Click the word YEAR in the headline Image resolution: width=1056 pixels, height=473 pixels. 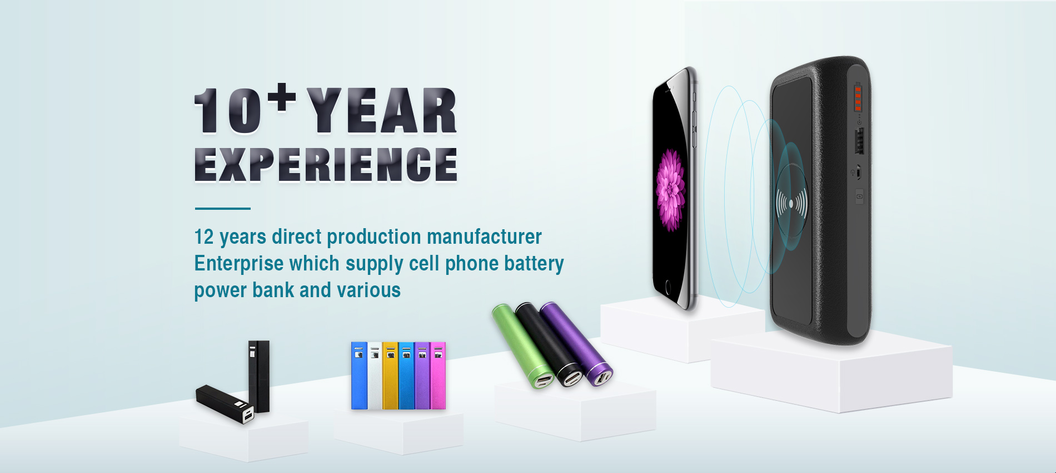point(382,110)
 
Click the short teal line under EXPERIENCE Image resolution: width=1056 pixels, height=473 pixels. point(222,209)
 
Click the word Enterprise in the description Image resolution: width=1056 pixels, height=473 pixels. point(238,264)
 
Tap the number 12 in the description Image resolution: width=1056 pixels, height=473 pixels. point(204,237)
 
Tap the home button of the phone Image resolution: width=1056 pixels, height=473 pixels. point(668,288)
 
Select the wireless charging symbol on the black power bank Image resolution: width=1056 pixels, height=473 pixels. point(791,204)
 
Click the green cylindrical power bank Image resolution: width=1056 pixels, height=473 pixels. point(523,346)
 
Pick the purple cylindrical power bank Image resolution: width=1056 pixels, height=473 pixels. point(576,343)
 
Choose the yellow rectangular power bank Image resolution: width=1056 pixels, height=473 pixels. point(390,376)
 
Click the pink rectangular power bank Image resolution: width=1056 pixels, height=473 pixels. point(438,376)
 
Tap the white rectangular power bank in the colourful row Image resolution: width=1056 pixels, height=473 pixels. point(375,376)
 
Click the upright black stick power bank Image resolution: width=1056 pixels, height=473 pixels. point(259,376)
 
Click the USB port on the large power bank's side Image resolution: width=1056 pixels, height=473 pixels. point(859,141)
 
